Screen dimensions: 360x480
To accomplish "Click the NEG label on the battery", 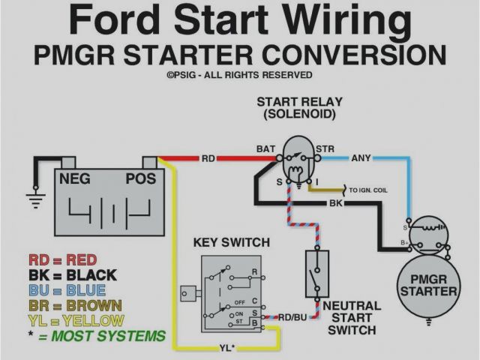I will [75, 180].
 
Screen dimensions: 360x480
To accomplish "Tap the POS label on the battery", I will [141, 180].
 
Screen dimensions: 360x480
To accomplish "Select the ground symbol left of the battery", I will [34, 196].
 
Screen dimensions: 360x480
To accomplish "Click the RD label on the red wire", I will [208, 158].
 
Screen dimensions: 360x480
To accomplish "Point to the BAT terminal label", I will [265, 148].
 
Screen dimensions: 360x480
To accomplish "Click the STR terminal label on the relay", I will [325, 148].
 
